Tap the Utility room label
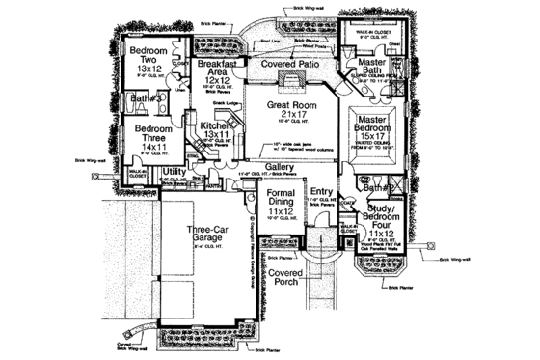pos(174,172)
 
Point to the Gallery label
pos(279,167)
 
